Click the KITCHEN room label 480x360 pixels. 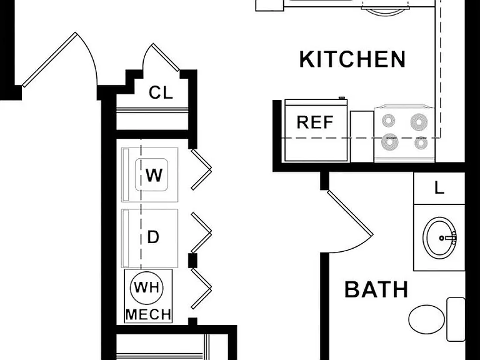click(x=352, y=59)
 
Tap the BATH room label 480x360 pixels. click(x=376, y=289)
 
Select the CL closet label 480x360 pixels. click(x=161, y=92)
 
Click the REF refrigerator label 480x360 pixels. click(x=315, y=122)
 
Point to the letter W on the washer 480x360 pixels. click(x=154, y=176)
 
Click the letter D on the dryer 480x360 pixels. click(x=153, y=237)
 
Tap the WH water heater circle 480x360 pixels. click(x=147, y=287)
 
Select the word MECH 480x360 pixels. click(x=148, y=315)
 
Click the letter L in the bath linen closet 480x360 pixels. click(x=439, y=187)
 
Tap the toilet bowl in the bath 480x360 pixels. click(x=427, y=319)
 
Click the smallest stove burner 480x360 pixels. click(x=421, y=142)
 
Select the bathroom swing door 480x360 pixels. click(x=350, y=213)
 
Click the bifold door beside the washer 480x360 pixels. click(x=201, y=169)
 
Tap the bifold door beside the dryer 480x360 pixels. click(x=201, y=232)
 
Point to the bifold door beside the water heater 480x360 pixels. click(x=201, y=288)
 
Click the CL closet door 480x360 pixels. click(x=166, y=57)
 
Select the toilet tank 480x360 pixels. click(x=456, y=319)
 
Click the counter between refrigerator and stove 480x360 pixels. click(x=362, y=136)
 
